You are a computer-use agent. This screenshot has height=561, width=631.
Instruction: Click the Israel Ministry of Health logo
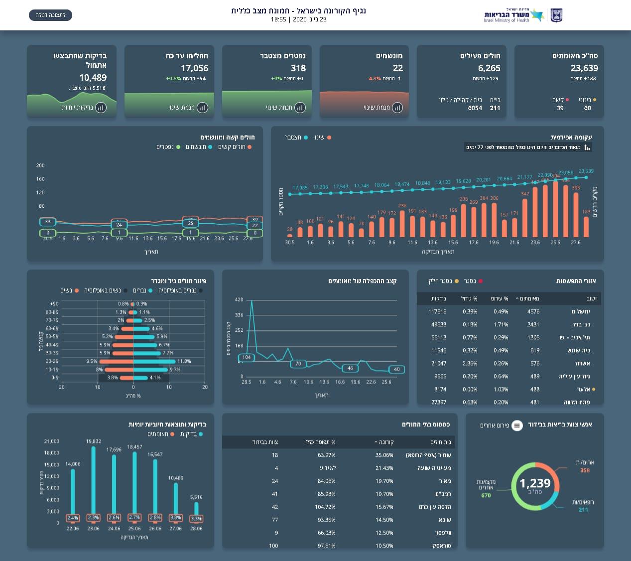[x=523, y=15]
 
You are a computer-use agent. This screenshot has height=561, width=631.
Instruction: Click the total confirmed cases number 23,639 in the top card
[x=584, y=68]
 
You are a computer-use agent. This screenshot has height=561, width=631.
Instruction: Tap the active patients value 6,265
[x=489, y=68]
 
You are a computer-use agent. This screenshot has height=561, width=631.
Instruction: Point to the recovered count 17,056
[x=194, y=68]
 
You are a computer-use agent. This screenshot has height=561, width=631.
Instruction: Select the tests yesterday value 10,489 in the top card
[x=93, y=78]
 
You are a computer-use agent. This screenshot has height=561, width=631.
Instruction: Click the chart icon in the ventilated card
[x=397, y=108]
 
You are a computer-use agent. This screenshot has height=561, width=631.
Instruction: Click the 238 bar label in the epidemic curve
[x=402, y=206]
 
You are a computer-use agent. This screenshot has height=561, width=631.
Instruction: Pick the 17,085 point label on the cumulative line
[x=300, y=188]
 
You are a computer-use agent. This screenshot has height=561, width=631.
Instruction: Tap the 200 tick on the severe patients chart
[x=40, y=165]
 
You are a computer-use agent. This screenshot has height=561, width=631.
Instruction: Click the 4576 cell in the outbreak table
[x=533, y=312]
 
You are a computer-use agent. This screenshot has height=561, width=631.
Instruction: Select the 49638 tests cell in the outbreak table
[x=439, y=325]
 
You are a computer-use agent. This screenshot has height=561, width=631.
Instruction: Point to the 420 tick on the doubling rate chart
[x=239, y=300]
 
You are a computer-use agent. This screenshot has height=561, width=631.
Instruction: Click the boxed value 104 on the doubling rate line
[x=247, y=357]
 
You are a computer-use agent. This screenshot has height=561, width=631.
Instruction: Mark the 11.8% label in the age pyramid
[x=184, y=361]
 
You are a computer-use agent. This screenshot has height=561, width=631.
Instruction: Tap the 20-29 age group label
[x=52, y=361]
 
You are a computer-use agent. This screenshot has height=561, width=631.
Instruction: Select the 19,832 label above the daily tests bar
[x=93, y=441]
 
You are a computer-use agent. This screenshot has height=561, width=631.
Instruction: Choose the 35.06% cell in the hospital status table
[x=384, y=455]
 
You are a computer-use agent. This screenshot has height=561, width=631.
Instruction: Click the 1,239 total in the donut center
[x=535, y=483]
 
